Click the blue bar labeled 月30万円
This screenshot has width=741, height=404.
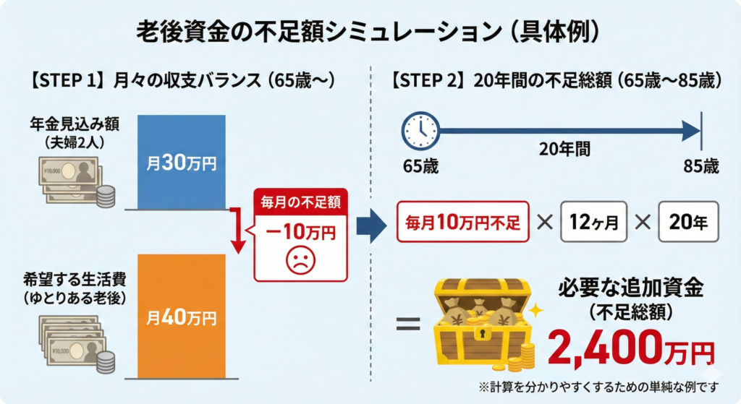click(182, 162)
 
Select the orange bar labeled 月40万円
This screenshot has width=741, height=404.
click(182, 317)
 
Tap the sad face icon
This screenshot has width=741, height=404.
click(300, 260)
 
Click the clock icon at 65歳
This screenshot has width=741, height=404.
click(420, 131)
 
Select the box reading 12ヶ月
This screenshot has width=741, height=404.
click(593, 222)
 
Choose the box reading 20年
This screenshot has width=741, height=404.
click(689, 222)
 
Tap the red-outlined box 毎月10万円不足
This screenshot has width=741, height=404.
click(462, 222)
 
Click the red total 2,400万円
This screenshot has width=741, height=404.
click(631, 348)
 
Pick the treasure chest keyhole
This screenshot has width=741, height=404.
click(482, 334)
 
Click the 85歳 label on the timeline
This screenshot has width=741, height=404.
click(700, 166)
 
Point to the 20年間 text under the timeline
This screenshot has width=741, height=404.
click(564, 149)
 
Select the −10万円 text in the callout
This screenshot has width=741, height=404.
click(300, 232)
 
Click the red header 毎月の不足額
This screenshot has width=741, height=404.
click(300, 202)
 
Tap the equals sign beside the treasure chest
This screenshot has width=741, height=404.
click(408, 323)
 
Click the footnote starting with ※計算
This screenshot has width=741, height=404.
click(598, 387)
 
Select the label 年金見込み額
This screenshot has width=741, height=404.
click(75, 124)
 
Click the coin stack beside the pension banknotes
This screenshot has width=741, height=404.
click(106, 197)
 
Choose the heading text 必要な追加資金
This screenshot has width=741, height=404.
click(631, 288)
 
